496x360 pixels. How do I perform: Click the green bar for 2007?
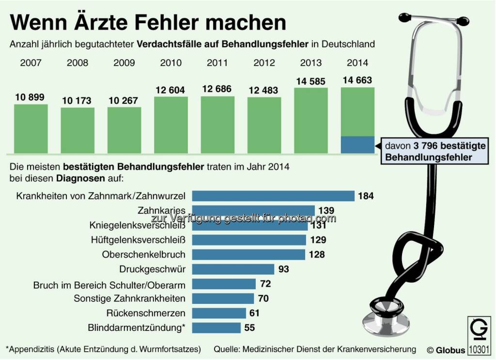(31, 129)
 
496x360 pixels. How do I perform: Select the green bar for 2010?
(171, 125)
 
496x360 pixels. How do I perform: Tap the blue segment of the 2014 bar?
(357, 145)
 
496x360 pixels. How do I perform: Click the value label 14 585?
(310, 81)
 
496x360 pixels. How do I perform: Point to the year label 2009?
(124, 63)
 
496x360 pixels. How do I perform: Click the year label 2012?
(264, 63)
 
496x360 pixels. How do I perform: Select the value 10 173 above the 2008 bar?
(77, 101)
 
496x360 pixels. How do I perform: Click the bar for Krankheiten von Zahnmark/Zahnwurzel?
(273, 196)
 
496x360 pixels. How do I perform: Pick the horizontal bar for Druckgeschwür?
(233, 269)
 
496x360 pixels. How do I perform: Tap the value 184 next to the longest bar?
(366, 196)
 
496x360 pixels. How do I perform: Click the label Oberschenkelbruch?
(144, 254)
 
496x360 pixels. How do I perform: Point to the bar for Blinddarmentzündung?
(216, 328)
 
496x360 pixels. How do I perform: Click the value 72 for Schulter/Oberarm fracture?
(265, 284)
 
